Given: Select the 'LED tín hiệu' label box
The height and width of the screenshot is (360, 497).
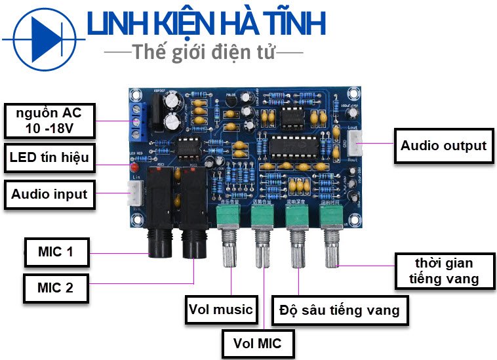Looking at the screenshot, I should (49, 157).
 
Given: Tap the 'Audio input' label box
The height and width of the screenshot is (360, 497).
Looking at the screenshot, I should (49, 193).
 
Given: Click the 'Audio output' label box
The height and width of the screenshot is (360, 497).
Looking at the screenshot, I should (444, 145).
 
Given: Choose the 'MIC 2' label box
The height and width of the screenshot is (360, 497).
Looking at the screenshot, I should (55, 287).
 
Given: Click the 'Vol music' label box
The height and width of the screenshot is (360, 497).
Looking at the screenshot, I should (220, 309).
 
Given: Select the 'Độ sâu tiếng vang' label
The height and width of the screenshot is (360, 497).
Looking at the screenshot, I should (339, 309).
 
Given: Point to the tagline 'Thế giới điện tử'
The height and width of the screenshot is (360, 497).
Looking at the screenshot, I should (204, 52).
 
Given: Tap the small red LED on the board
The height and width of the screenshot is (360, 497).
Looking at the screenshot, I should (132, 170).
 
